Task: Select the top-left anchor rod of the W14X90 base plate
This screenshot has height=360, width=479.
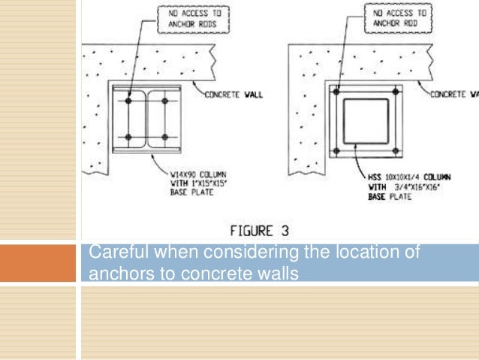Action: pyautogui.click(x=129, y=101)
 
